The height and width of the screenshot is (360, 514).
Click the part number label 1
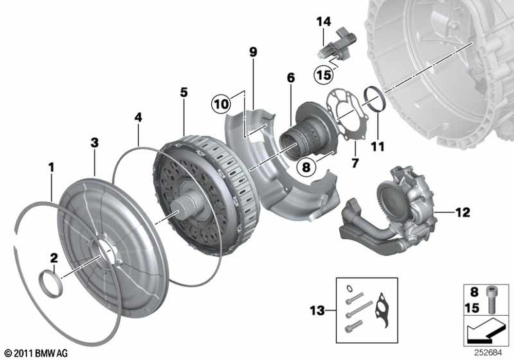tap(51, 167)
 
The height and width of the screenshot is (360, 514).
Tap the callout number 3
tap(95, 142)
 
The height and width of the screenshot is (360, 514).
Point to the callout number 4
tap(138, 117)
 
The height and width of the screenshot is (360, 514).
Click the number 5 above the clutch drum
tap(183, 93)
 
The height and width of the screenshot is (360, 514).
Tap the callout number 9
tap(253, 51)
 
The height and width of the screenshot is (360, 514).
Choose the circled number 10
tap(221, 104)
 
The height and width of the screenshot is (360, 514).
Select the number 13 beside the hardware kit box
tap(317, 310)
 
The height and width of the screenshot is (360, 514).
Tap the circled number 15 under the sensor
tap(324, 75)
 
